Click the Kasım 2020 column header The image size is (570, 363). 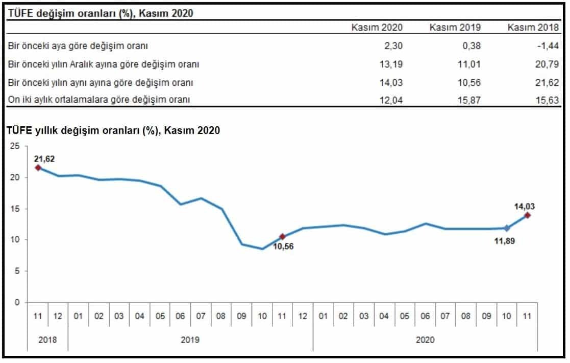tap(377, 27)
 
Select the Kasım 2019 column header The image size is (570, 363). tap(455, 27)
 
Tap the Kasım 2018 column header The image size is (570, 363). tap(533, 27)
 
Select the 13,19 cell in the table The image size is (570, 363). tap(392, 64)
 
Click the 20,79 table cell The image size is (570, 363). tap(549, 64)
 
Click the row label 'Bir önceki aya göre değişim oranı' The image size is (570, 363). tap(78, 46)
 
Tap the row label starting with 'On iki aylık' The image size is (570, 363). tap(99, 100)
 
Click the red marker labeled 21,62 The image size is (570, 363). tap(38, 168)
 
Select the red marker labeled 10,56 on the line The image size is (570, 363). tap(282, 237)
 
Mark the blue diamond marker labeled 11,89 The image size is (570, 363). tap(507, 229)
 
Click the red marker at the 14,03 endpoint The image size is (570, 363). tap(527, 215)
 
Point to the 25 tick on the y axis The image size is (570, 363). tap(15, 147)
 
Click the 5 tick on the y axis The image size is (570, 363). tap(17, 271)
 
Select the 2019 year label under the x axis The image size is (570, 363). tap(190, 339)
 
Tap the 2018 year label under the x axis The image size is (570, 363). tap(47, 339)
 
